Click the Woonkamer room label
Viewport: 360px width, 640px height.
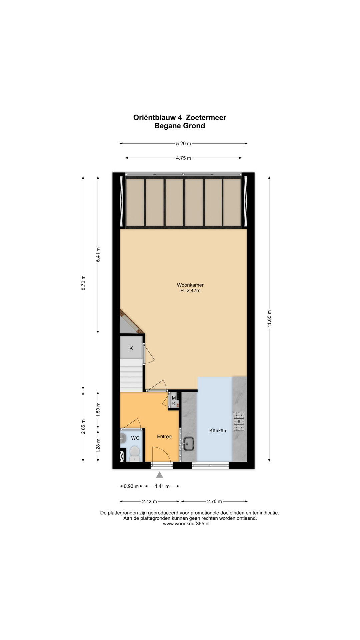190,285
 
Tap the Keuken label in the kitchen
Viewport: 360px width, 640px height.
218,430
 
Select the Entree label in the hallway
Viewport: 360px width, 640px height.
164,436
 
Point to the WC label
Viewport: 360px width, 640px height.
135,438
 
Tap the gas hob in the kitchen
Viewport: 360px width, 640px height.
239,421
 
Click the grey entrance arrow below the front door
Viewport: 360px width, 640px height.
160,475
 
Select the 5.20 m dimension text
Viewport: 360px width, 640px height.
183,144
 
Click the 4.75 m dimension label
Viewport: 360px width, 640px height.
183,158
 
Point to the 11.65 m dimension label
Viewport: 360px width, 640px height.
269,319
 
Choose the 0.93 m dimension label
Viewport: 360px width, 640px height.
131,486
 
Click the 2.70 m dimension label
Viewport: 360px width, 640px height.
215,501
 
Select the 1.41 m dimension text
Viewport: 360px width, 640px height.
162,486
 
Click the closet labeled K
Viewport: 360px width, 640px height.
131,348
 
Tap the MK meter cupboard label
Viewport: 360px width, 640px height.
174,400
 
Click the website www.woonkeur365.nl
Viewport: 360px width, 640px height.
186,524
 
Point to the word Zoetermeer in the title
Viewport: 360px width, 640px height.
206,117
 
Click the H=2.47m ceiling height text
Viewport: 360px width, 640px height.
190,290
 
